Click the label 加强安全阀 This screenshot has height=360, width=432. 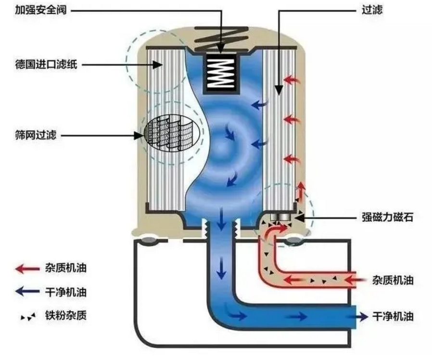(x=41, y=11)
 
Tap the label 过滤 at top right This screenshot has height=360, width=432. (x=372, y=11)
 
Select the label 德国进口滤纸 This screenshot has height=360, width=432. (x=46, y=65)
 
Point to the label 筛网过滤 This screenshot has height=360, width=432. (x=36, y=135)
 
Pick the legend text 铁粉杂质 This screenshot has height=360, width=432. (x=66, y=315)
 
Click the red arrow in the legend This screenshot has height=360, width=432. (x=27, y=269)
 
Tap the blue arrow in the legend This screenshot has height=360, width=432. (x=27, y=291)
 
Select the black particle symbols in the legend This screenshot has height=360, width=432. (x=28, y=317)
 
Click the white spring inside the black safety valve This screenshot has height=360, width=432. (x=220, y=73)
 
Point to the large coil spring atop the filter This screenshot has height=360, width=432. (x=222, y=39)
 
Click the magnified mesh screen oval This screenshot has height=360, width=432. (x=172, y=134)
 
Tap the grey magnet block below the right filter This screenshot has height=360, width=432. (x=280, y=217)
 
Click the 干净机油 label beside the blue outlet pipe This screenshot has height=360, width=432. (x=393, y=317)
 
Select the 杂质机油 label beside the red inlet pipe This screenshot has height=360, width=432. (x=393, y=280)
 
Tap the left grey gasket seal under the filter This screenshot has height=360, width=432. (x=149, y=240)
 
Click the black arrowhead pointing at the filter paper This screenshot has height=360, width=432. (x=158, y=65)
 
